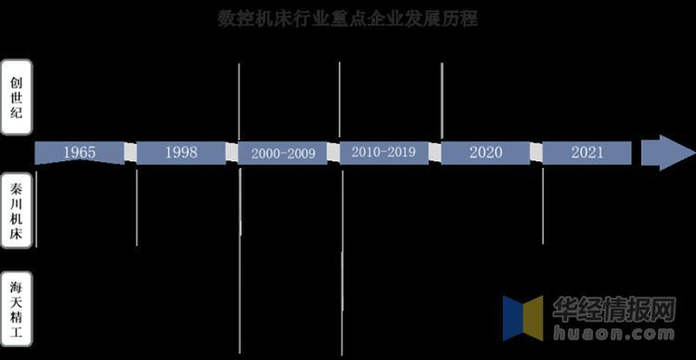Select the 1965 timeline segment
pyautogui.click(x=79, y=153)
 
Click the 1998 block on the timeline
pyautogui.click(x=180, y=153)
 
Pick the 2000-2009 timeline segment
pyautogui.click(x=282, y=153)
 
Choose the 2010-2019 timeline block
pyautogui.click(x=384, y=153)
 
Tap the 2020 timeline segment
pyautogui.click(x=485, y=153)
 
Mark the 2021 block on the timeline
pyautogui.click(x=587, y=153)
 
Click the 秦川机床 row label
pyautogui.click(x=15, y=213)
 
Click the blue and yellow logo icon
pyautogui.click(x=522, y=317)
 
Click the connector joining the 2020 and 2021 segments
pyautogui.click(x=536, y=153)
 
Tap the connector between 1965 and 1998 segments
pyautogui.click(x=129, y=153)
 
